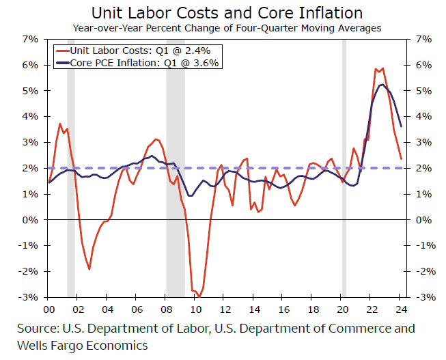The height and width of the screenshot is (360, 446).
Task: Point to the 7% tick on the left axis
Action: (x=29, y=39)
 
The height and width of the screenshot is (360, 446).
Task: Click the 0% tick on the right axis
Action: (x=421, y=220)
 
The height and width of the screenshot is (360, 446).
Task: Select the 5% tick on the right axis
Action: (x=421, y=91)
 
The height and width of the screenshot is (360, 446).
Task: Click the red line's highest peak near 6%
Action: (x=382, y=68)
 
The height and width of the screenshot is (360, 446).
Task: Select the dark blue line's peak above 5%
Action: (x=380, y=85)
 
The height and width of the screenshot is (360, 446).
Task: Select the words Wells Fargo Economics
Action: (x=83, y=346)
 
